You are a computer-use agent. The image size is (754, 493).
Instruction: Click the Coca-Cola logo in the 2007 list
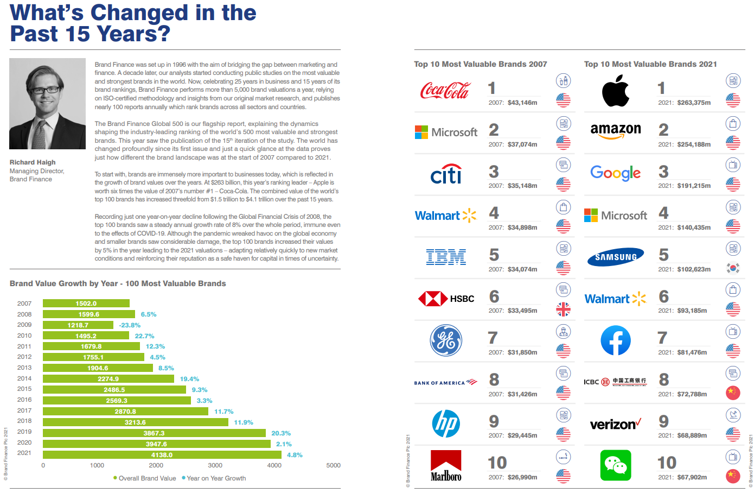445,91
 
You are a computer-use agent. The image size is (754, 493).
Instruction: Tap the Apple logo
615,91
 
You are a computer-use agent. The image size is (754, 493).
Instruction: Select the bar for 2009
78,325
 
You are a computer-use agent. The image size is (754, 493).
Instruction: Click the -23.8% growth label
130,325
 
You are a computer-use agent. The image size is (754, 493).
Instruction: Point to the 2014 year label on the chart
24,378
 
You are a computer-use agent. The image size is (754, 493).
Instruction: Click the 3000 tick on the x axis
215,465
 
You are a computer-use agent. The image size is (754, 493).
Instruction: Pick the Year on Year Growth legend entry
216,478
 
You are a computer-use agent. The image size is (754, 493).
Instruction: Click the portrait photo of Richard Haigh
47,104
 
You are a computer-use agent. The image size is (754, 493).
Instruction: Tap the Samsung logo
616,257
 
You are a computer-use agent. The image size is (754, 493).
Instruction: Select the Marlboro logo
446,465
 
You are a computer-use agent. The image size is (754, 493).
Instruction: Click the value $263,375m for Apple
694,103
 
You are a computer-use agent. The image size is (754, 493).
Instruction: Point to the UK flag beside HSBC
564,309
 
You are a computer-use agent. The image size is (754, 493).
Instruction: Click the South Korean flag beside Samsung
733,268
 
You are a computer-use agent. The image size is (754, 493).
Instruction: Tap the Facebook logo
616,340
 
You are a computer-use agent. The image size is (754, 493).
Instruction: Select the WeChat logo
616,465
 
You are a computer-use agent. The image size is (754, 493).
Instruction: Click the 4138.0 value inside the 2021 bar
162,455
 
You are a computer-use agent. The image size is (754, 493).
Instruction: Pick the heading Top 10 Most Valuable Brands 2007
480,64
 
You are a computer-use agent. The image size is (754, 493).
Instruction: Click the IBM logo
446,257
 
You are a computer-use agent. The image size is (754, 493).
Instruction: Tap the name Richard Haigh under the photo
33,162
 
